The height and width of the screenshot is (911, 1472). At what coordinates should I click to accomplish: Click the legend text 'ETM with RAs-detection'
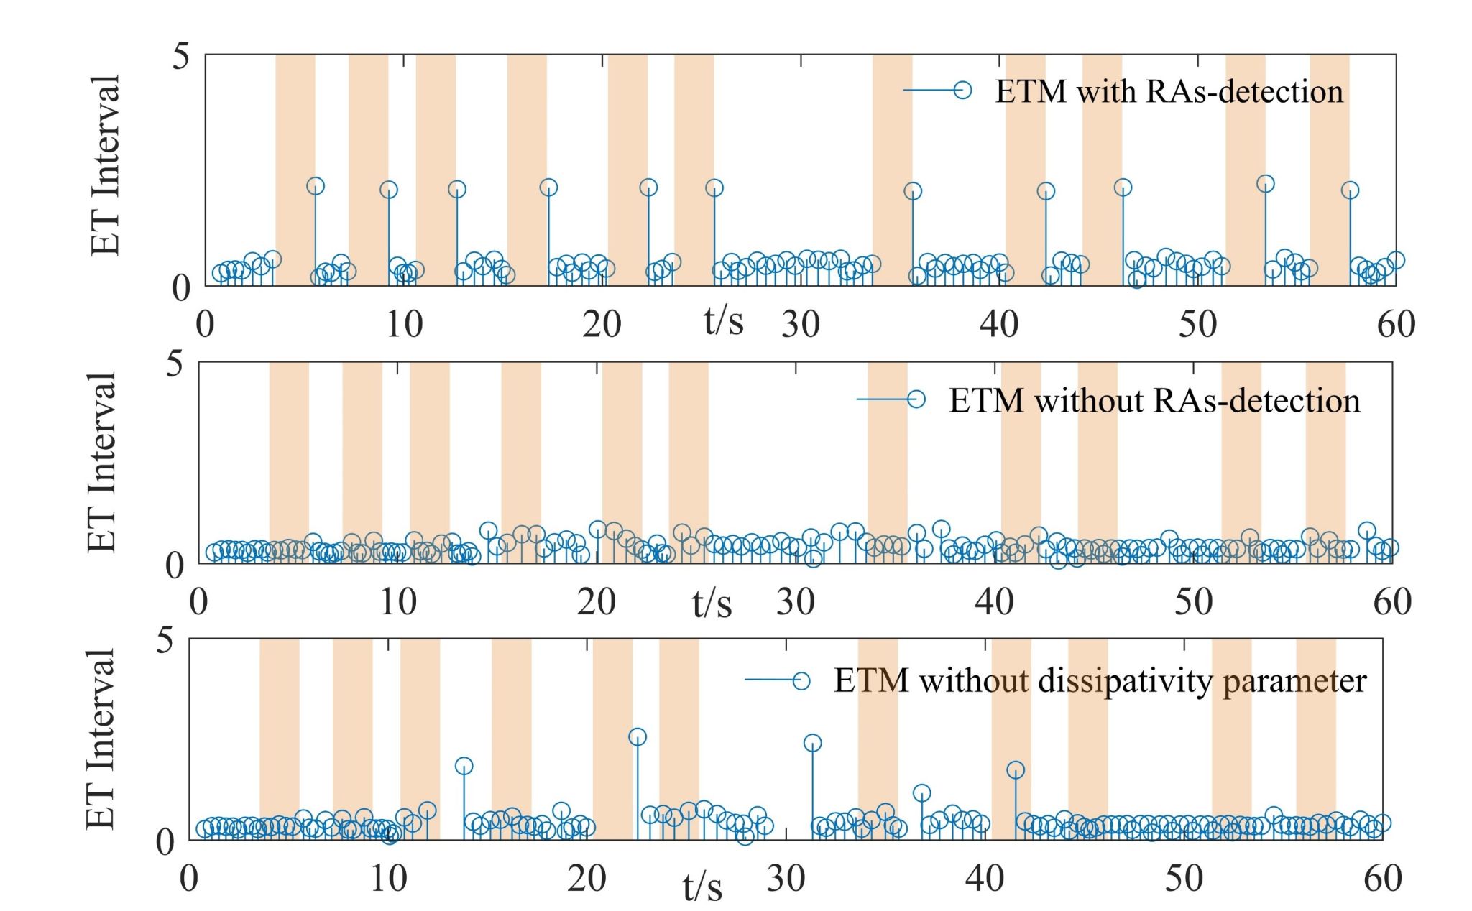1169,92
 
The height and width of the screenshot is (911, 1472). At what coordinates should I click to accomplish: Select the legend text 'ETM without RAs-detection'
1154,401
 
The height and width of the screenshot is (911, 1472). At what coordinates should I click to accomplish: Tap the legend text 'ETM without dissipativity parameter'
1100,680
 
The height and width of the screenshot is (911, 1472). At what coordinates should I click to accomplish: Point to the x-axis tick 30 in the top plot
801,324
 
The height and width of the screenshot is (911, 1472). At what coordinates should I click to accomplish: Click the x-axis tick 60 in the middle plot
1392,601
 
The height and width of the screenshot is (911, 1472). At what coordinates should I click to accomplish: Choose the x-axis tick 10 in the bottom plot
388,878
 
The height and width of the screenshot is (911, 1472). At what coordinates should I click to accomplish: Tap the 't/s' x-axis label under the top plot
723,320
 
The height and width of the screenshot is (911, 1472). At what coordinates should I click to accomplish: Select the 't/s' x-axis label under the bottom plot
702,886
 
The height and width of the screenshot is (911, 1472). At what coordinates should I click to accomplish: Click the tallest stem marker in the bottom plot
637,737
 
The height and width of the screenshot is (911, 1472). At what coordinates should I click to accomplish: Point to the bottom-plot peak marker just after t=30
812,743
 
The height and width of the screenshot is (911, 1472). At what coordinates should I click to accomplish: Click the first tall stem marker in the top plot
315,186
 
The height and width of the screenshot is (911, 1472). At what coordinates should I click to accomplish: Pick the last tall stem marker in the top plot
1350,190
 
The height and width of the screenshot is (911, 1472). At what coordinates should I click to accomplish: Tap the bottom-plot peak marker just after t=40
1015,770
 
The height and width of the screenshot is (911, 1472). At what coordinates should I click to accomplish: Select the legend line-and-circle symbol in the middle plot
891,399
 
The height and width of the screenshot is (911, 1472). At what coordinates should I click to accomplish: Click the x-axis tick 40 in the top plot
999,324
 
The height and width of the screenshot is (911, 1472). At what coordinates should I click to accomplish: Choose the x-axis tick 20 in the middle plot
596,601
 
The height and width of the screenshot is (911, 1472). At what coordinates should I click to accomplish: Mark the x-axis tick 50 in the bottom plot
1184,878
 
